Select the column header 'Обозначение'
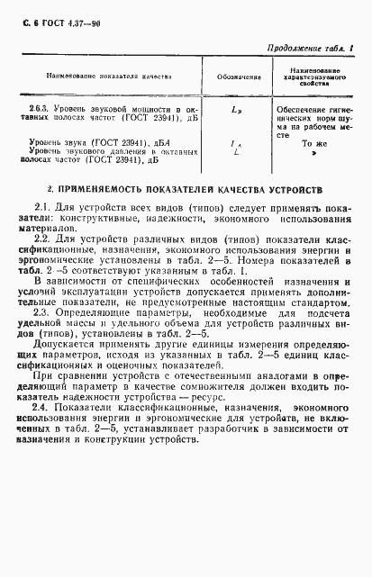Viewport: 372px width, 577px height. click(235, 75)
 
